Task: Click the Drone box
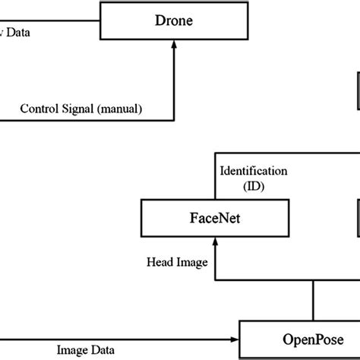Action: point(174,22)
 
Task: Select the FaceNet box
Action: point(216,219)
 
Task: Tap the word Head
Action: point(160,261)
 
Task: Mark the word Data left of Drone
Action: point(19,32)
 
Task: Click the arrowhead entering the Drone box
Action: point(174,45)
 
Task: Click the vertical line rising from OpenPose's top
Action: point(311,300)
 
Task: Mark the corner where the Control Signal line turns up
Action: point(174,118)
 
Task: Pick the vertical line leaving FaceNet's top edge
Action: point(216,178)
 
